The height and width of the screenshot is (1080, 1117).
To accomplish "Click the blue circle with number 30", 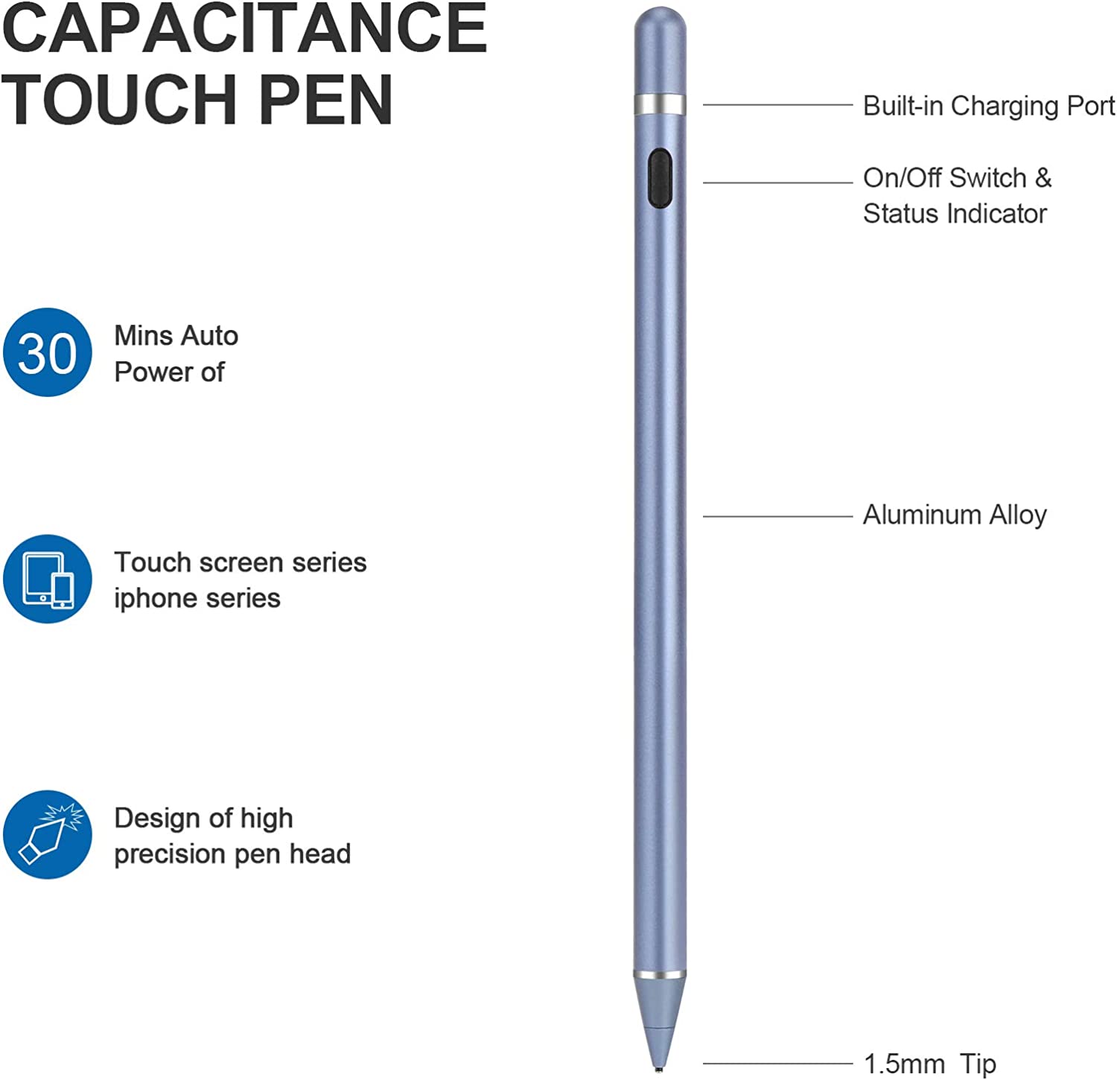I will (48, 352).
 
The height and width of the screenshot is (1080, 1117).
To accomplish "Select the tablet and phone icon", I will (48, 579).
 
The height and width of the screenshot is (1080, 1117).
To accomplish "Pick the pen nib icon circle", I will (48, 834).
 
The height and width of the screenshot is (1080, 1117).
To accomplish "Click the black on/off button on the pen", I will (659, 178).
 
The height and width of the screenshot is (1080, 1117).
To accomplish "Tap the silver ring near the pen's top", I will (660, 104).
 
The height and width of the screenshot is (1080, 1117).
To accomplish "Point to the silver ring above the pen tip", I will (660, 974).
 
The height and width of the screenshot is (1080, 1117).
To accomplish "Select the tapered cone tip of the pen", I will (659, 1020).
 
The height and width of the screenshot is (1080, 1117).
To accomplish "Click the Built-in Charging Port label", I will (989, 106).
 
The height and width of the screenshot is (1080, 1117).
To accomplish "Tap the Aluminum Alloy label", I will (955, 515).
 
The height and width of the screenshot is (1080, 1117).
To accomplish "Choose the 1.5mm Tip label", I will (929, 1064).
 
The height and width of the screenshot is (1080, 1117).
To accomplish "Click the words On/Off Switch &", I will (957, 178).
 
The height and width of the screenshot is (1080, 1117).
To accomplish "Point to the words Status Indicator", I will (955, 214).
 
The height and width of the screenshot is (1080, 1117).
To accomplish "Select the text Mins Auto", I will (176, 336).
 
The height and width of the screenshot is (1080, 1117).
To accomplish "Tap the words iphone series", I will (197, 598).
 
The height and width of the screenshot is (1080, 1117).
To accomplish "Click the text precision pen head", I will (232, 854).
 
